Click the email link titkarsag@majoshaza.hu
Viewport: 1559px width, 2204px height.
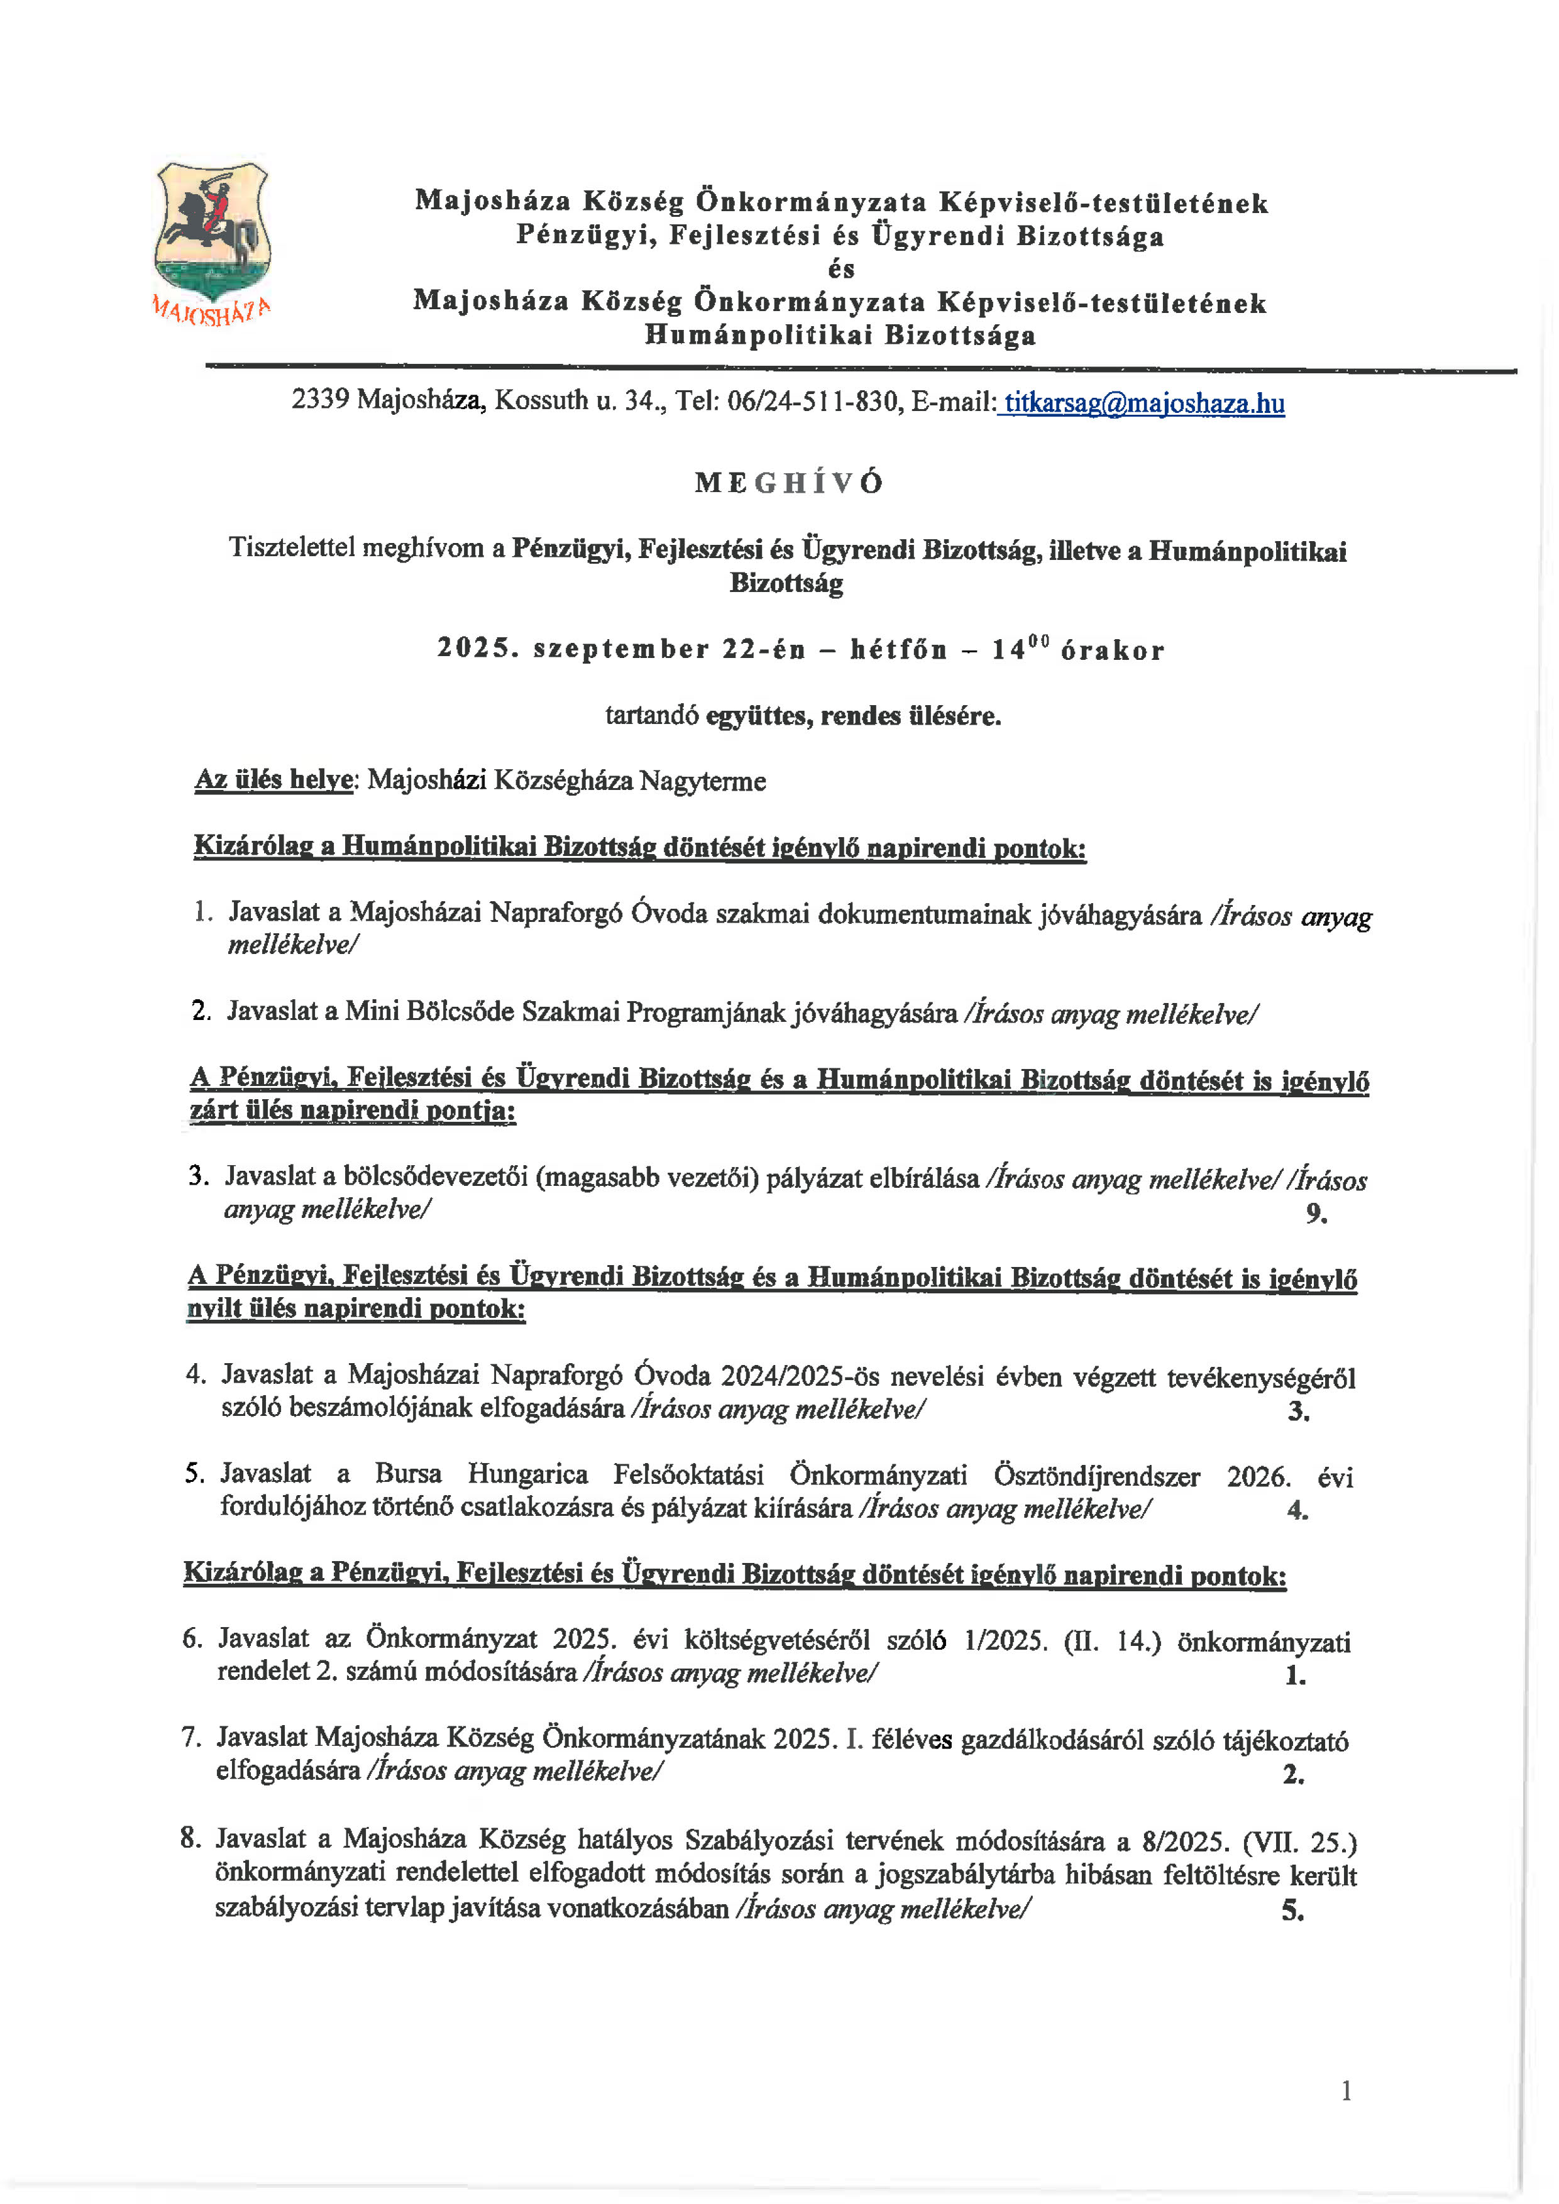[x=1142, y=403]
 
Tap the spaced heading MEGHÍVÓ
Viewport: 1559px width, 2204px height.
[x=788, y=482]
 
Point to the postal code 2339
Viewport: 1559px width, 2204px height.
[x=320, y=399]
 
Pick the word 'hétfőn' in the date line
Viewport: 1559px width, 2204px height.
[x=898, y=650]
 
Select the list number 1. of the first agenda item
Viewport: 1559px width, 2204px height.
[x=202, y=911]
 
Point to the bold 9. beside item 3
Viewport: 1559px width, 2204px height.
[x=1316, y=1214]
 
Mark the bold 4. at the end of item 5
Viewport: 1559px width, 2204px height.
[x=1297, y=1510]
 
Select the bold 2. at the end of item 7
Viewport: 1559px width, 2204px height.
[x=1293, y=1774]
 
